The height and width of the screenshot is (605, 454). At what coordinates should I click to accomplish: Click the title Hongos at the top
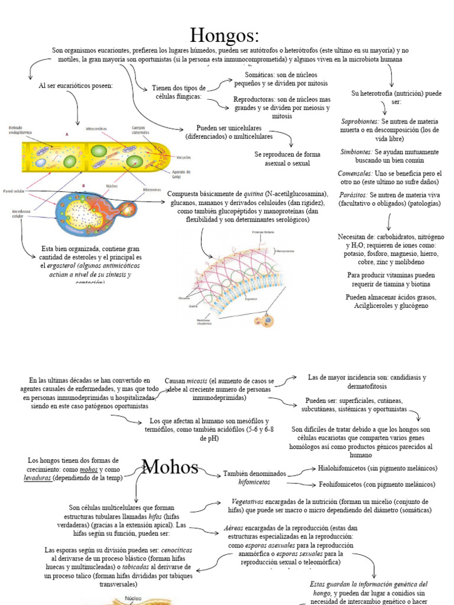[224, 35]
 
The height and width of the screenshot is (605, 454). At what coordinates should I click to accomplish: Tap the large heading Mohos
[170, 468]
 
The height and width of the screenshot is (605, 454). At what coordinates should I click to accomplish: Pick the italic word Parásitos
[353, 194]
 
